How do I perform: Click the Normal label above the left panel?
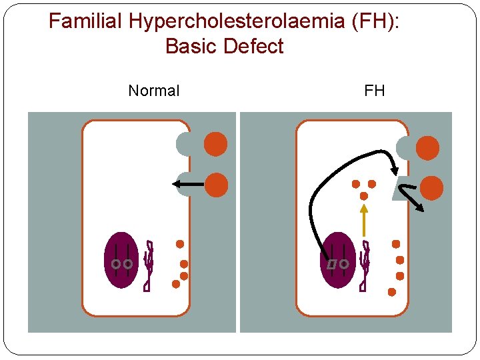click(153, 91)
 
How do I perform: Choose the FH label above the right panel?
click(375, 91)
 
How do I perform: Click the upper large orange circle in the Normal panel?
click(215, 144)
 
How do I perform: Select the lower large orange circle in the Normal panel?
click(215, 185)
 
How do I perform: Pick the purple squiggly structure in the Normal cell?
click(149, 265)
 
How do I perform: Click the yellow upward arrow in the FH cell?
click(363, 220)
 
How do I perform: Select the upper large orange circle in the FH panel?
click(427, 148)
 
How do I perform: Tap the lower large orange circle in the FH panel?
click(431, 189)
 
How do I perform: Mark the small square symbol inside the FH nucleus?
click(331, 265)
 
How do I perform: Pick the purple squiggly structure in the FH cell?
click(365, 265)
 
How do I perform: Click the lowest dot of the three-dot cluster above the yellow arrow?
click(364, 196)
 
